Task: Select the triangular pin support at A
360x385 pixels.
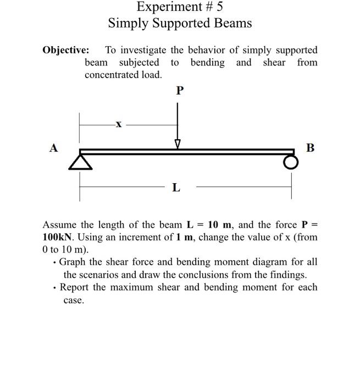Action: click(x=80, y=161)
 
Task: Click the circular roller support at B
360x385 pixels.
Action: click(x=291, y=162)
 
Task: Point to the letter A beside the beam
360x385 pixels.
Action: click(x=53, y=147)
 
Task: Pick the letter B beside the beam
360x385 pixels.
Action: click(x=310, y=147)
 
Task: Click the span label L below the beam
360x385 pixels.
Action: click(x=175, y=188)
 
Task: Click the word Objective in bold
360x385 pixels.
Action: click(x=66, y=50)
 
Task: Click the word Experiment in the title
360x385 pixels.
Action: click(x=167, y=7)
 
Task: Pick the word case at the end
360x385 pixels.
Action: click(x=73, y=300)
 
